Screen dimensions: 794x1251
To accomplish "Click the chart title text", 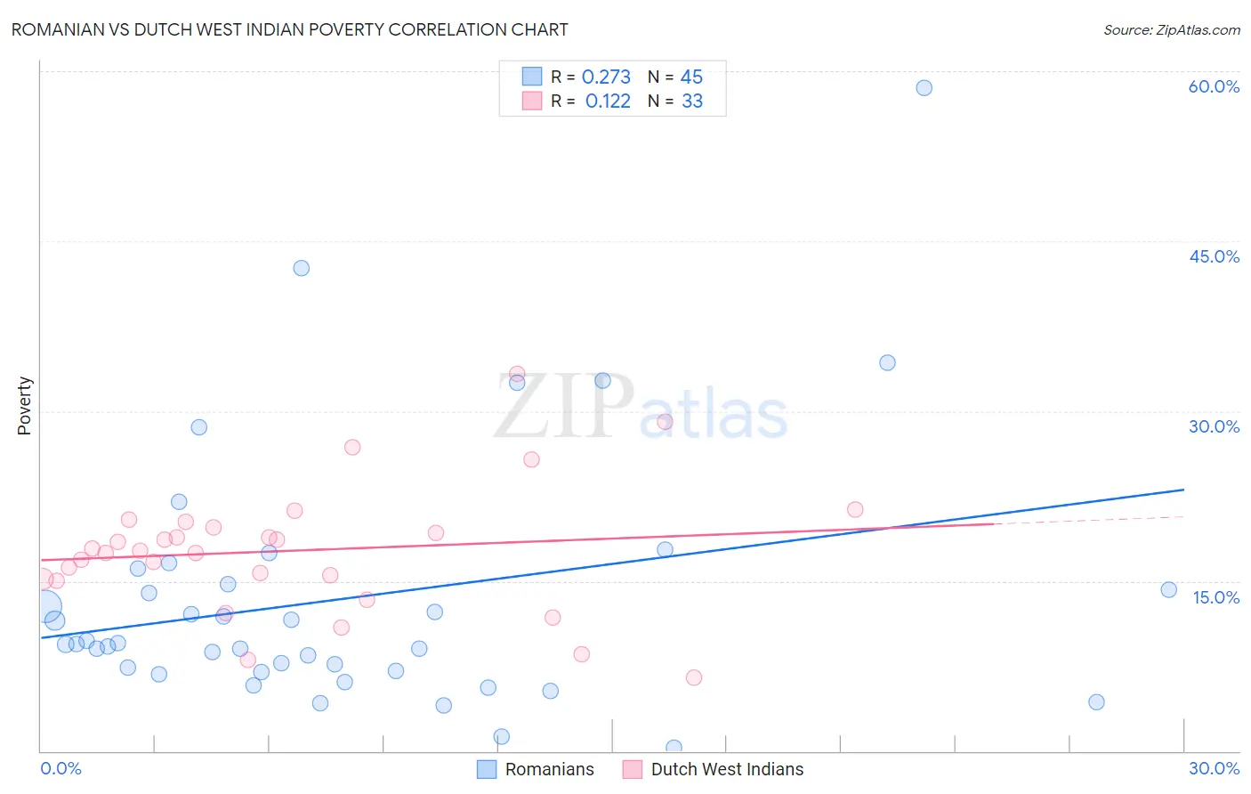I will point(289,29).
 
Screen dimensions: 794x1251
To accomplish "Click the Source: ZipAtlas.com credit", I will point(1171,29).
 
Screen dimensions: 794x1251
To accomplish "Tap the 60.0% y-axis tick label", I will point(1213,86).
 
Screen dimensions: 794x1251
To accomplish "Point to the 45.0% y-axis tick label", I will point(1214,256).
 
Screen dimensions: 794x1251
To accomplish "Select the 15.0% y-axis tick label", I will point(1215,597).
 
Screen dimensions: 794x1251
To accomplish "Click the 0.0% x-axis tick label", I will point(61,768).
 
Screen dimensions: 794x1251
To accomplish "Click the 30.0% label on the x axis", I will point(1214,768).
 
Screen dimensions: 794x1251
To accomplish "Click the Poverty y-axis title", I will point(24,405).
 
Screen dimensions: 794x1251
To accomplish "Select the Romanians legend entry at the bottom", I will point(536,769).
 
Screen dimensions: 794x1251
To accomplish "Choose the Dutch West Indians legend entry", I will point(714,769).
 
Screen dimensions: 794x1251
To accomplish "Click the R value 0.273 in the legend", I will point(606,77).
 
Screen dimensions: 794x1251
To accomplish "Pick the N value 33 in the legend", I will point(692,101).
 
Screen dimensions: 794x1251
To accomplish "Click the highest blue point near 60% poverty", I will point(924,87).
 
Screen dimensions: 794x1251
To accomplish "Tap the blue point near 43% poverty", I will point(301,268).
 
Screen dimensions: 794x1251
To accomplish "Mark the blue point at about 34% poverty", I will point(887,362).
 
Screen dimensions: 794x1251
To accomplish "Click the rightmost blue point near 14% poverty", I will point(1168,589).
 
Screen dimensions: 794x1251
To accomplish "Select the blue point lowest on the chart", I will point(674,748).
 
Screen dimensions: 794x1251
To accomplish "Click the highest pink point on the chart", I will point(517,374).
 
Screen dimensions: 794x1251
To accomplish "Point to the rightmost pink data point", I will point(855,509).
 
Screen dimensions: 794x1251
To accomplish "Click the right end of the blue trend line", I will point(1183,490).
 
